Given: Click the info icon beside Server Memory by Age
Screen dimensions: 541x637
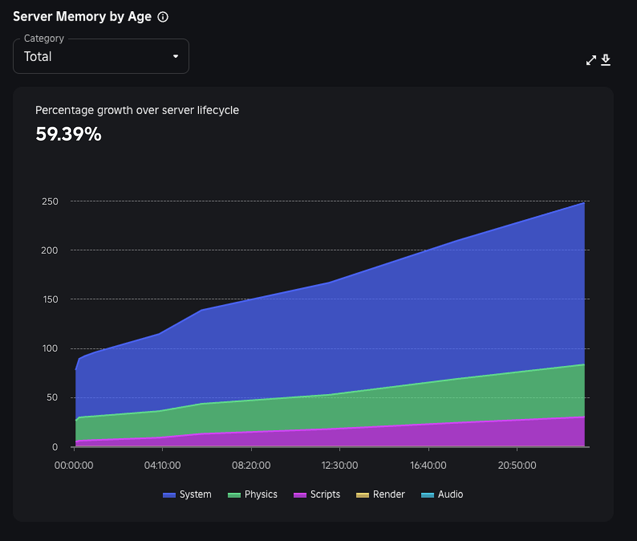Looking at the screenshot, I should [x=163, y=17].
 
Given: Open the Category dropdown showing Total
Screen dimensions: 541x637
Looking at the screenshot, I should [x=101, y=57].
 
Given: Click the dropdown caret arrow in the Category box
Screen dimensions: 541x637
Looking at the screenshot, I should [x=175, y=57].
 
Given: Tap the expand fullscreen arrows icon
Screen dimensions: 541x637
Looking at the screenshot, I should [x=591, y=60].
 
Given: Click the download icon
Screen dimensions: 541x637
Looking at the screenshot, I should [x=606, y=60].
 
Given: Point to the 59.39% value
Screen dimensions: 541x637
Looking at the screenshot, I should [x=68, y=134].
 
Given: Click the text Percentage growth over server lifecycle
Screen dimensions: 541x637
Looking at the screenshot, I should [x=137, y=110].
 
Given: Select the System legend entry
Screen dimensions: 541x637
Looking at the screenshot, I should [x=187, y=494].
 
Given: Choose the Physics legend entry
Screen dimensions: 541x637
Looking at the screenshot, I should [x=253, y=494].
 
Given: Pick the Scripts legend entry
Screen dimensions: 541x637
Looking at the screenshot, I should [x=317, y=494].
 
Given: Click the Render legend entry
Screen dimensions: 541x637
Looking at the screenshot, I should [x=381, y=494].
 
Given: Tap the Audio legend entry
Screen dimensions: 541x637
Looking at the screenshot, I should [x=442, y=494].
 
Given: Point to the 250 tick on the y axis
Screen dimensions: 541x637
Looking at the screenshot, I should [x=50, y=202].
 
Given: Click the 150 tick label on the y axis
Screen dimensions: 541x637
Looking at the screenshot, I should [x=50, y=299].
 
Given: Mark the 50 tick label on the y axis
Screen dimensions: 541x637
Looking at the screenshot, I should [x=53, y=398].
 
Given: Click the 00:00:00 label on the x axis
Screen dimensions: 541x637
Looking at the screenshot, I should [x=74, y=465].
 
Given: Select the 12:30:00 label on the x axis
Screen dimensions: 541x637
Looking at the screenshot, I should [x=340, y=465].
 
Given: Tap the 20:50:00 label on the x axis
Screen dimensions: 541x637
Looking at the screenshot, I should [x=517, y=465].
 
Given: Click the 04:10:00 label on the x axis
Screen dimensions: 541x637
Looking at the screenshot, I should [x=162, y=465].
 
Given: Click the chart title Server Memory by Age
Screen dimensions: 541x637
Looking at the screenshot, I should [x=82, y=17].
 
